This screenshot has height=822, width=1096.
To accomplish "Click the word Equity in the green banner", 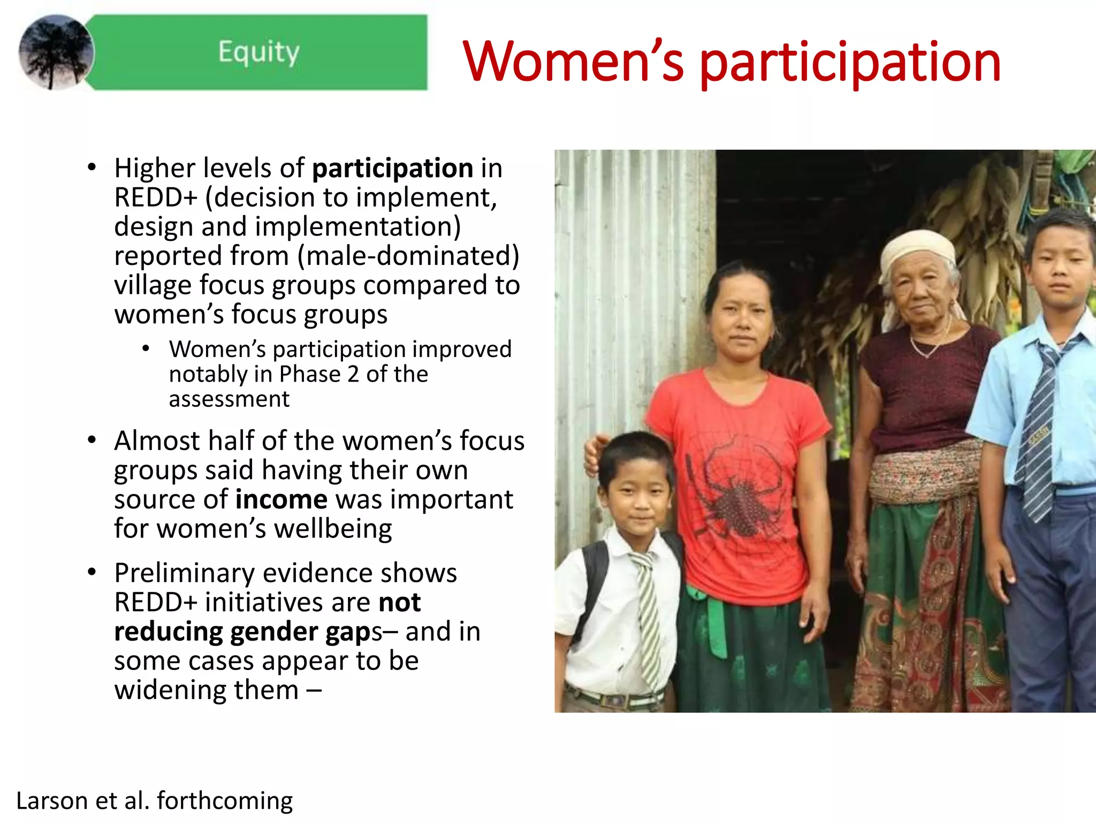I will pyautogui.click(x=258, y=52).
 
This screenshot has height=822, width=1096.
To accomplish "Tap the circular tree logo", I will pyautogui.click(x=56, y=52).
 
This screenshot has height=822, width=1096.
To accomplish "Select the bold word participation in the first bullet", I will pyautogui.click(x=392, y=169).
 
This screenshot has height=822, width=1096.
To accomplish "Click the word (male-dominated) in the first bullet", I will pyautogui.click(x=408, y=256).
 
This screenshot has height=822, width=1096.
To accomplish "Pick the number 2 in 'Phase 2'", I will pyautogui.click(x=353, y=374).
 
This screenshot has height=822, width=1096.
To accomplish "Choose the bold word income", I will pyautogui.click(x=281, y=499).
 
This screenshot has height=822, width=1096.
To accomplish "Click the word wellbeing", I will pyautogui.click(x=333, y=529).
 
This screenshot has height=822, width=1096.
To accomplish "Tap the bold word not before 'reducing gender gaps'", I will pyautogui.click(x=399, y=602).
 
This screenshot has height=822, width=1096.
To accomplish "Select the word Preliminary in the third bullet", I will pyautogui.click(x=184, y=573).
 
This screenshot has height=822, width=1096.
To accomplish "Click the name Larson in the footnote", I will pyautogui.click(x=51, y=801).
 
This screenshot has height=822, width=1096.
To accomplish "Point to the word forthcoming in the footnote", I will pyautogui.click(x=225, y=801).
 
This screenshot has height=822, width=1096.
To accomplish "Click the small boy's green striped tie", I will pyautogui.click(x=649, y=615).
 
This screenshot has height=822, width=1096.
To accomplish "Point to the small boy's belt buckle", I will pyautogui.click(x=615, y=699).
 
